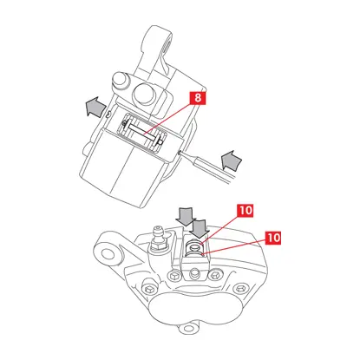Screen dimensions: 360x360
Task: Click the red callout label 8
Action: [198, 98]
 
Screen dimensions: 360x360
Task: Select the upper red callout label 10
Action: [245, 211]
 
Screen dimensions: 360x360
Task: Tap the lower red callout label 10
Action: [273, 238]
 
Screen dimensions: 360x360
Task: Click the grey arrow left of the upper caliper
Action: [95, 107]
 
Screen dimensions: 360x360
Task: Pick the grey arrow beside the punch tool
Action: [231, 160]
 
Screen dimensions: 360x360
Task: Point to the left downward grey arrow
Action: [186, 216]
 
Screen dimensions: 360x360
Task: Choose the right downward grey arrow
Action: [200, 229]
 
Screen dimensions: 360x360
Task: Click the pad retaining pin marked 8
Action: [142, 133]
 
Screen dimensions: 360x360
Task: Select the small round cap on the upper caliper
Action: [120, 80]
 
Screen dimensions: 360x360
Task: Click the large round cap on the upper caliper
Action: [143, 95]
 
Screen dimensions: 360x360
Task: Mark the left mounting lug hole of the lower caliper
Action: [108, 254]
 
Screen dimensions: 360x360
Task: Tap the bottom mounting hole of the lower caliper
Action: [188, 328]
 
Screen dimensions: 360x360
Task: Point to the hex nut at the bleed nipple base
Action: [159, 246]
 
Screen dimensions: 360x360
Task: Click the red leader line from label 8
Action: [169, 119]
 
